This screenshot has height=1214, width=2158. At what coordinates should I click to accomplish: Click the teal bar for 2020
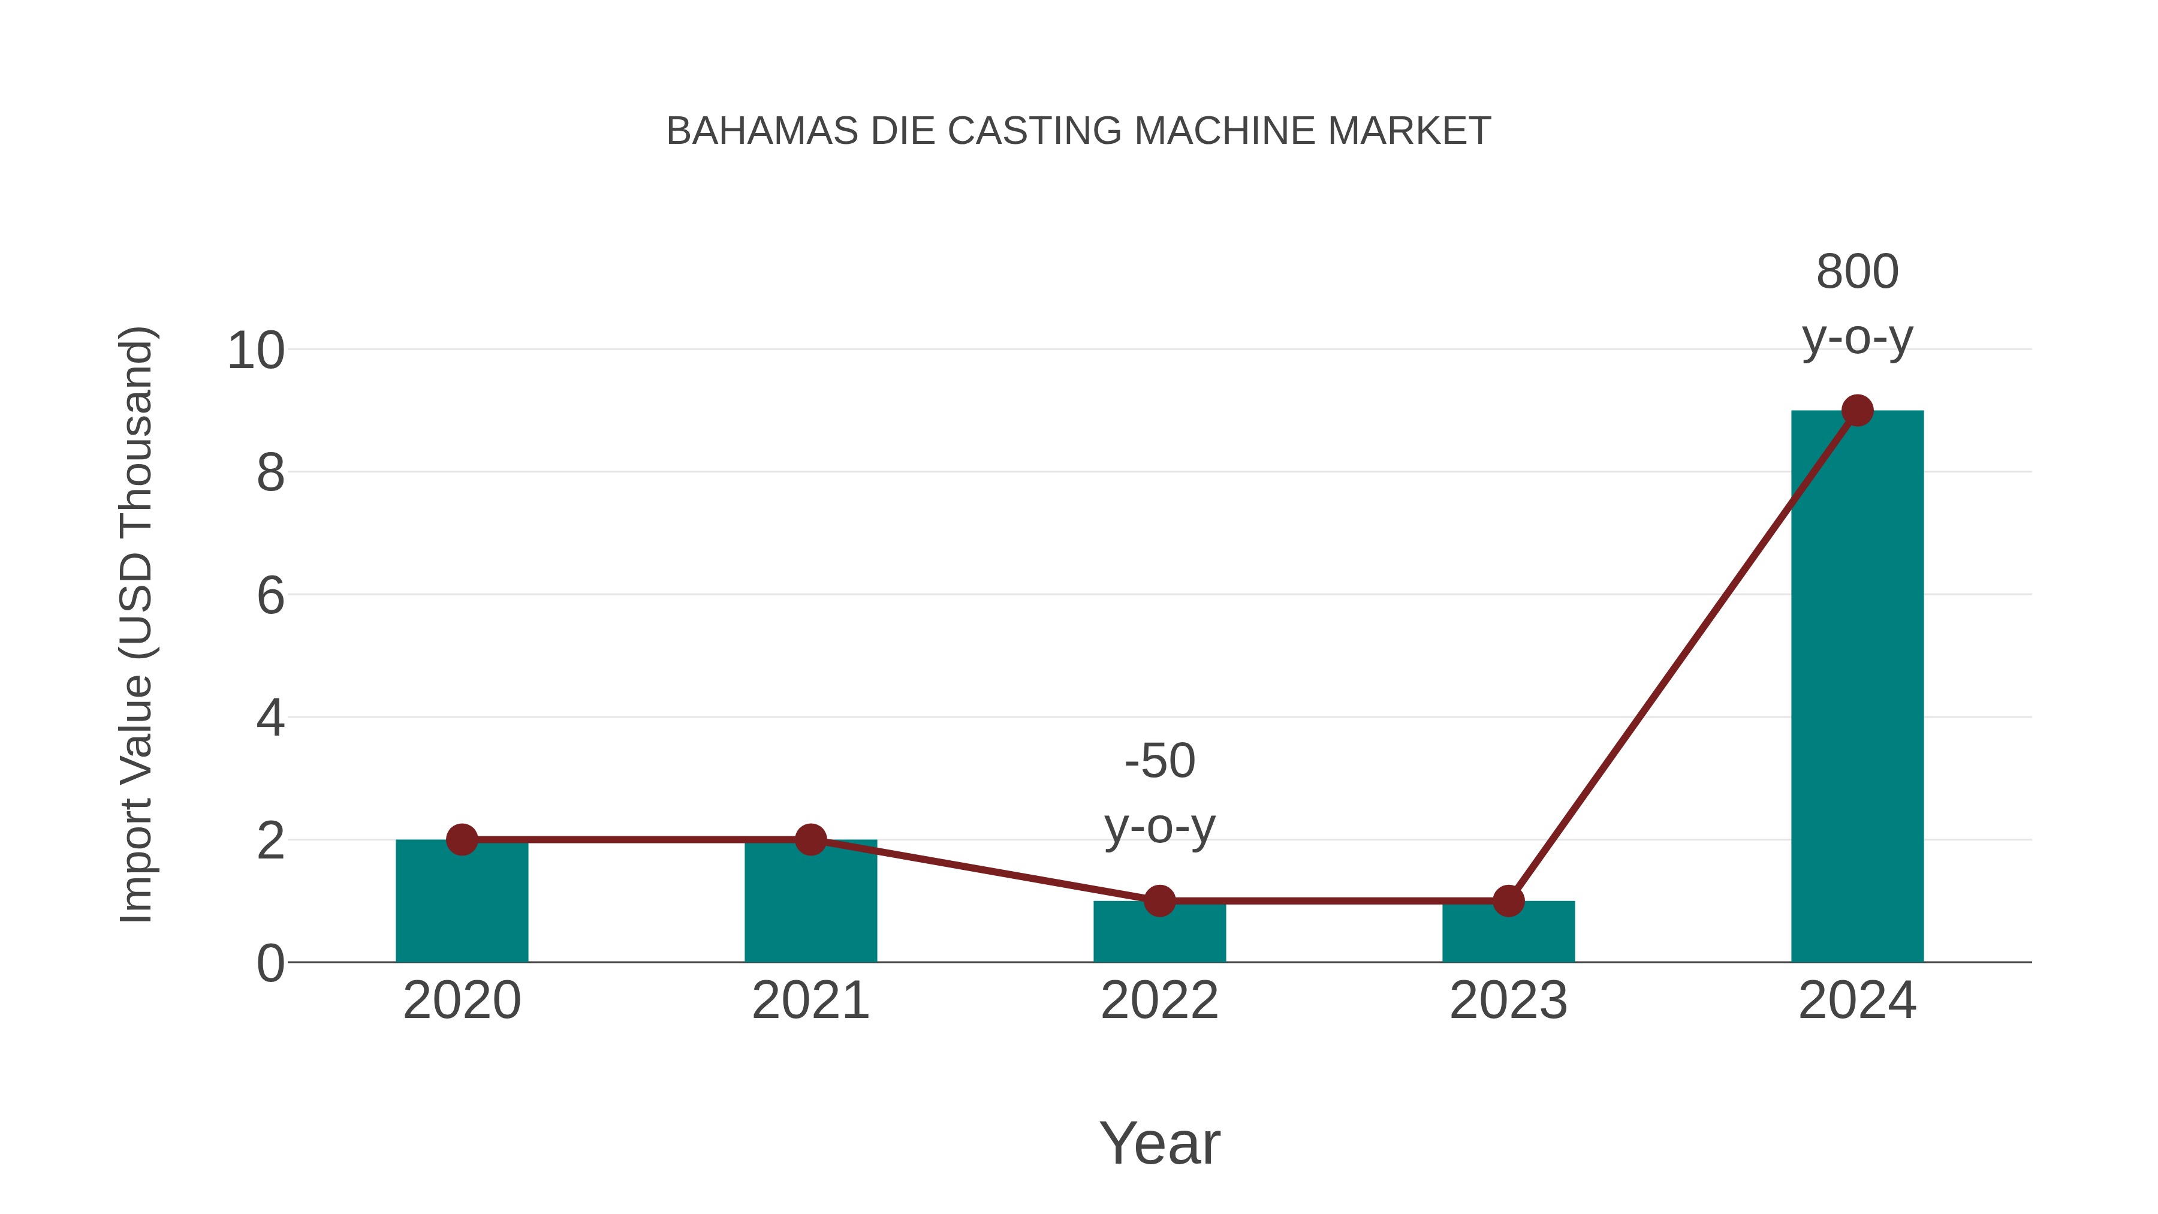tap(462, 905)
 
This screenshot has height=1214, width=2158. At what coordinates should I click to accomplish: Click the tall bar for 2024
tap(1856, 687)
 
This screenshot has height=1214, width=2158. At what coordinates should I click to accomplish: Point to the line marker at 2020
tap(462, 839)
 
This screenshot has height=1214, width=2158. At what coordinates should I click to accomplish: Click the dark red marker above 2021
tap(810, 839)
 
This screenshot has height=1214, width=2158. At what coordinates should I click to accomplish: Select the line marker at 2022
tap(1159, 900)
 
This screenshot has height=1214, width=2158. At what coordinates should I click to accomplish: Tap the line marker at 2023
tap(1508, 900)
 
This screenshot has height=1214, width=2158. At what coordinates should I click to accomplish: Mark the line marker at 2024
tap(1856, 411)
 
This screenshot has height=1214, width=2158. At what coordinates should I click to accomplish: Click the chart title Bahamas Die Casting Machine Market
tap(1078, 131)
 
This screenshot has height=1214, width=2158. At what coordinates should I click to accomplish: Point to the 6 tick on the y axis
tap(270, 596)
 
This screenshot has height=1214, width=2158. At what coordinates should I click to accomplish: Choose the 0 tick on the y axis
tap(270, 963)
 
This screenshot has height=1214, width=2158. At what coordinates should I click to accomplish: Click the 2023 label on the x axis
tap(1508, 1001)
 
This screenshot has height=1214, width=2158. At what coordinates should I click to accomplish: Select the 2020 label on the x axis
tap(462, 1001)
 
